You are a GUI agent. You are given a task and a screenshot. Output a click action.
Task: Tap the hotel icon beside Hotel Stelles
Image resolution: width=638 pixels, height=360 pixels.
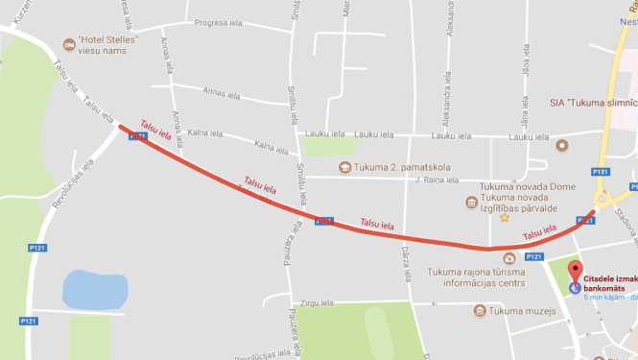69,43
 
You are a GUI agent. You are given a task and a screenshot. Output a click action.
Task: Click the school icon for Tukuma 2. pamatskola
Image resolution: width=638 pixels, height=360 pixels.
343,167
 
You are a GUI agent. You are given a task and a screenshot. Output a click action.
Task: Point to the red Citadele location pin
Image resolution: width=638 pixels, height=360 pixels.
575,271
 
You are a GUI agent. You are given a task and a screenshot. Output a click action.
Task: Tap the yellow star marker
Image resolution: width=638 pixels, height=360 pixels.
504,218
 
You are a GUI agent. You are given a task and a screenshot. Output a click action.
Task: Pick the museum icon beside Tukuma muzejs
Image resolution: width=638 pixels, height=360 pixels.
479,309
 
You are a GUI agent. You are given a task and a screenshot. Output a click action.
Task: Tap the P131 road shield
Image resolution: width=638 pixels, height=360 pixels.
601,172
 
